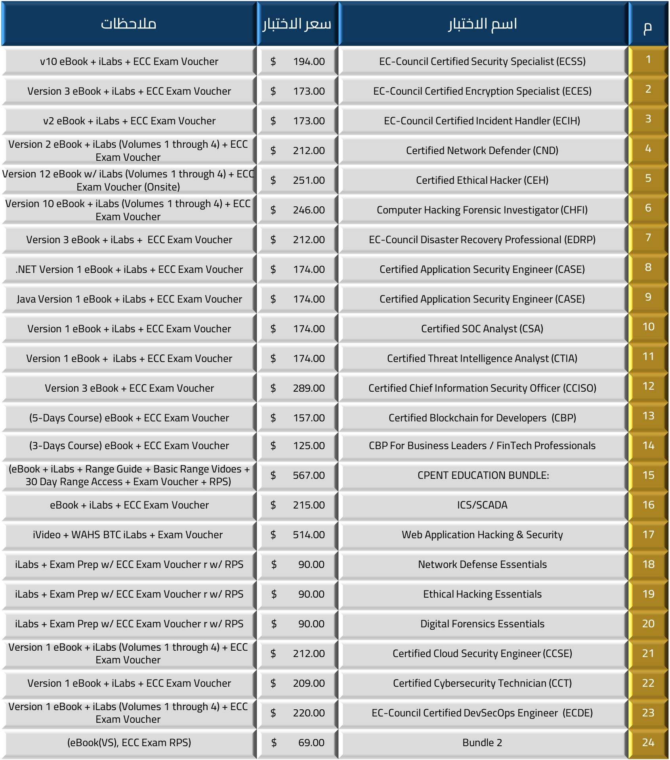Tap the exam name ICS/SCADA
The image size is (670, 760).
click(x=482, y=505)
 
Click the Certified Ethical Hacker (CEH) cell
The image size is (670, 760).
click(x=482, y=180)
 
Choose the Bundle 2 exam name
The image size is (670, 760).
click(x=482, y=743)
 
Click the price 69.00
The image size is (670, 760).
click(x=311, y=743)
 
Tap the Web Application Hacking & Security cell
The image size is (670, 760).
click(x=482, y=535)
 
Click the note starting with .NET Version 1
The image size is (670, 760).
click(x=129, y=269)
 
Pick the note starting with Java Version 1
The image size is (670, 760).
click(x=129, y=299)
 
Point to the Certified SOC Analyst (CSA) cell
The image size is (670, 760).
click(x=482, y=329)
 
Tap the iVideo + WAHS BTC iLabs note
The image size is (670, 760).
click(x=128, y=535)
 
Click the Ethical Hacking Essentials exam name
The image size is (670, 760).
click(x=482, y=594)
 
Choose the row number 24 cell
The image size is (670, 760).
click(x=648, y=743)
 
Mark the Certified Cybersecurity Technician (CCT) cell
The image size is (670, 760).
click(x=482, y=683)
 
